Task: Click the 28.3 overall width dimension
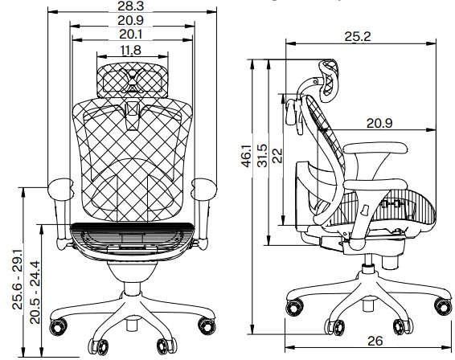(x=130, y=6)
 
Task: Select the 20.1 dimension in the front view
(x=131, y=35)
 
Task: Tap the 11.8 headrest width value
(x=131, y=50)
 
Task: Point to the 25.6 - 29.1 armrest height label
(x=17, y=279)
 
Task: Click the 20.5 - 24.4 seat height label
(x=35, y=292)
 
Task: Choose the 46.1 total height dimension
(x=247, y=157)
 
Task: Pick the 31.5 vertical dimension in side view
(x=263, y=156)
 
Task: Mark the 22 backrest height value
(x=277, y=156)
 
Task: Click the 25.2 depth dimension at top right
(x=358, y=36)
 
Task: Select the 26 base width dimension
(x=375, y=342)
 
